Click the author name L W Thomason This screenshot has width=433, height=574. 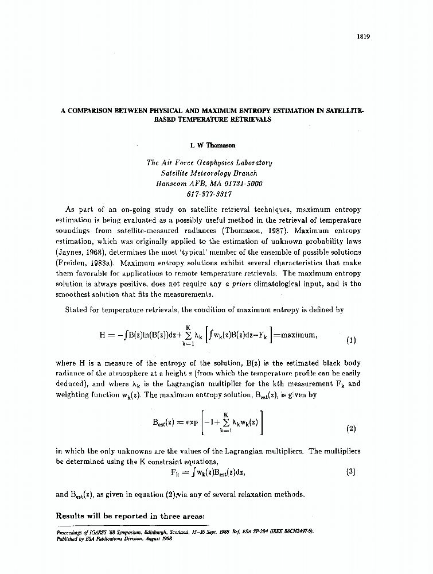209,146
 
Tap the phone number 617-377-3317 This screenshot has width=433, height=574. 209,194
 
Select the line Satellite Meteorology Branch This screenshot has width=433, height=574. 209,173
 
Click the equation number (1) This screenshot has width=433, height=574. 351,340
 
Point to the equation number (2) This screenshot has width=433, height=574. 351,429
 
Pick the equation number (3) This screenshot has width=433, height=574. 351,472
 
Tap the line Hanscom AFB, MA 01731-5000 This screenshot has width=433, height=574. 209,184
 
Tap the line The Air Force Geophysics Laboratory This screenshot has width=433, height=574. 209,162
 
